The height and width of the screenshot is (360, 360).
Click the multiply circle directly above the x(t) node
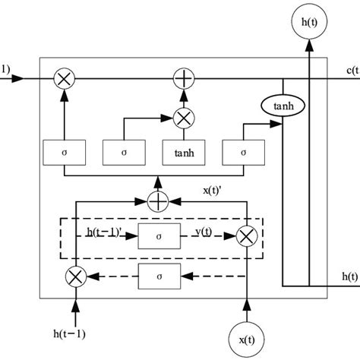point(245,236)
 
